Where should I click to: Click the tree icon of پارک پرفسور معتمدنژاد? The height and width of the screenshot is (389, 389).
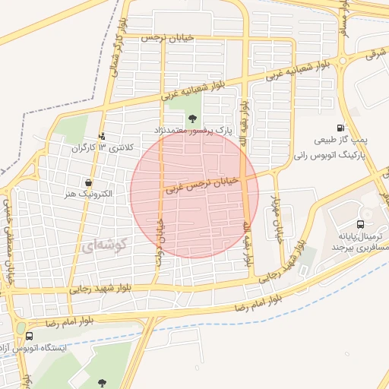pos(192,118)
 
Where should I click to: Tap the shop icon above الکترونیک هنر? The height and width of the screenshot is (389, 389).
pos(90,182)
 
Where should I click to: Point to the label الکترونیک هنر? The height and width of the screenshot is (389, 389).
pos(89,194)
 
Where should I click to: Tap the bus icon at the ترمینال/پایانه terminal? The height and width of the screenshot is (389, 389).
pos(360,224)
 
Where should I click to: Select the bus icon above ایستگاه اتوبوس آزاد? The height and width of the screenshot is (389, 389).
pos(29,335)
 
